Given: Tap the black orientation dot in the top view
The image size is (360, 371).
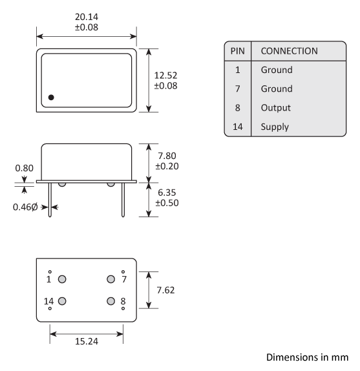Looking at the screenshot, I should [51, 98].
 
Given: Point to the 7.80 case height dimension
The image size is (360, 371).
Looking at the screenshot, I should [165, 155].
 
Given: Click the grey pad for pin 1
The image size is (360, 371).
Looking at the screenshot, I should [63, 279].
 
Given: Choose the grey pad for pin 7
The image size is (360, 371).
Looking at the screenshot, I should [111, 279].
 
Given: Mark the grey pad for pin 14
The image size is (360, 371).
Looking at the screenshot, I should [63, 301].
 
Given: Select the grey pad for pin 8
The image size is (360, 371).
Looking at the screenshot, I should [111, 301].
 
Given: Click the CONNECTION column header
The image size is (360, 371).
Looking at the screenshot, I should [289, 51].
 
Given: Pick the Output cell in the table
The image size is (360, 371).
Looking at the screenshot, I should [276, 108].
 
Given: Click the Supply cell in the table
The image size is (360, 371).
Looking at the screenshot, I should [275, 127].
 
